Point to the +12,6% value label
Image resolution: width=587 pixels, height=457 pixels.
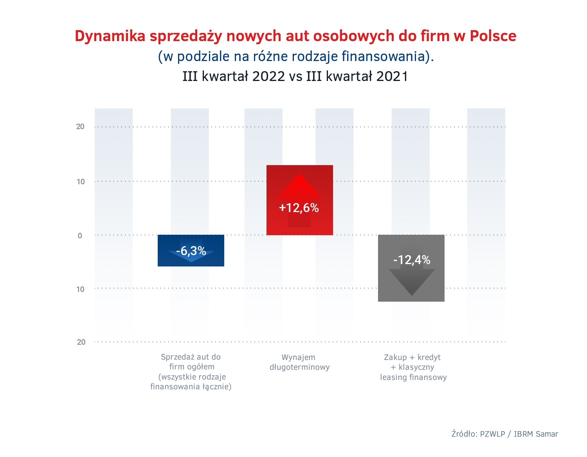(299, 208)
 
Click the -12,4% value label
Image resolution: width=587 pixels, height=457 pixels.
(412, 260)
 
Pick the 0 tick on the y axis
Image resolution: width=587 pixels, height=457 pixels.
(80, 236)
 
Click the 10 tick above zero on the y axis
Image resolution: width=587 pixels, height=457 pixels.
(81, 182)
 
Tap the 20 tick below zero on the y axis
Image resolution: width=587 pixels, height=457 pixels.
(81, 342)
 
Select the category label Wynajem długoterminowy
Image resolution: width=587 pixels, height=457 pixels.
(299, 362)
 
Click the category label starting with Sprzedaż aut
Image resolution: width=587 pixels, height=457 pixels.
(191, 372)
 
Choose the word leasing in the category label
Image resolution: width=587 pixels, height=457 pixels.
(393, 378)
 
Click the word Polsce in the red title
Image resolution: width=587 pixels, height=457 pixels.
(493, 36)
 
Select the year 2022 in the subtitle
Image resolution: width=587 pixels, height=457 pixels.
(268, 76)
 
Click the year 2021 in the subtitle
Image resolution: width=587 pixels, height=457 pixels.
(392, 76)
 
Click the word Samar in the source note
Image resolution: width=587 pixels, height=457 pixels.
(547, 434)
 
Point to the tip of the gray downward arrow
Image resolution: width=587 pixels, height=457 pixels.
(412, 295)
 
